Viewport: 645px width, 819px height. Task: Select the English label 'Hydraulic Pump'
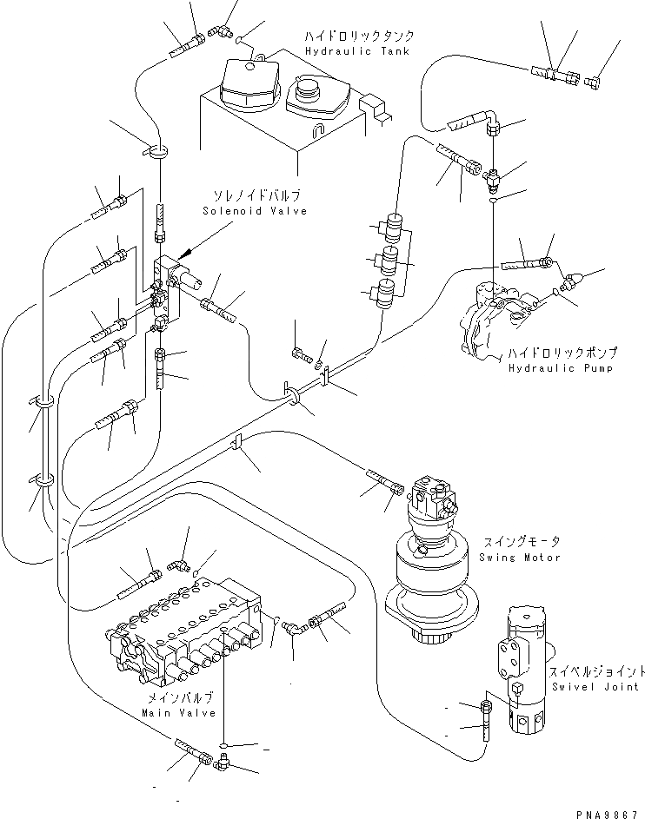562,368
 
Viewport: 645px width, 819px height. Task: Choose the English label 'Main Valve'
171,713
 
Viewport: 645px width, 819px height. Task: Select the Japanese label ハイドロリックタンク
358,36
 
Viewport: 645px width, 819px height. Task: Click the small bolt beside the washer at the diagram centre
301,353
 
